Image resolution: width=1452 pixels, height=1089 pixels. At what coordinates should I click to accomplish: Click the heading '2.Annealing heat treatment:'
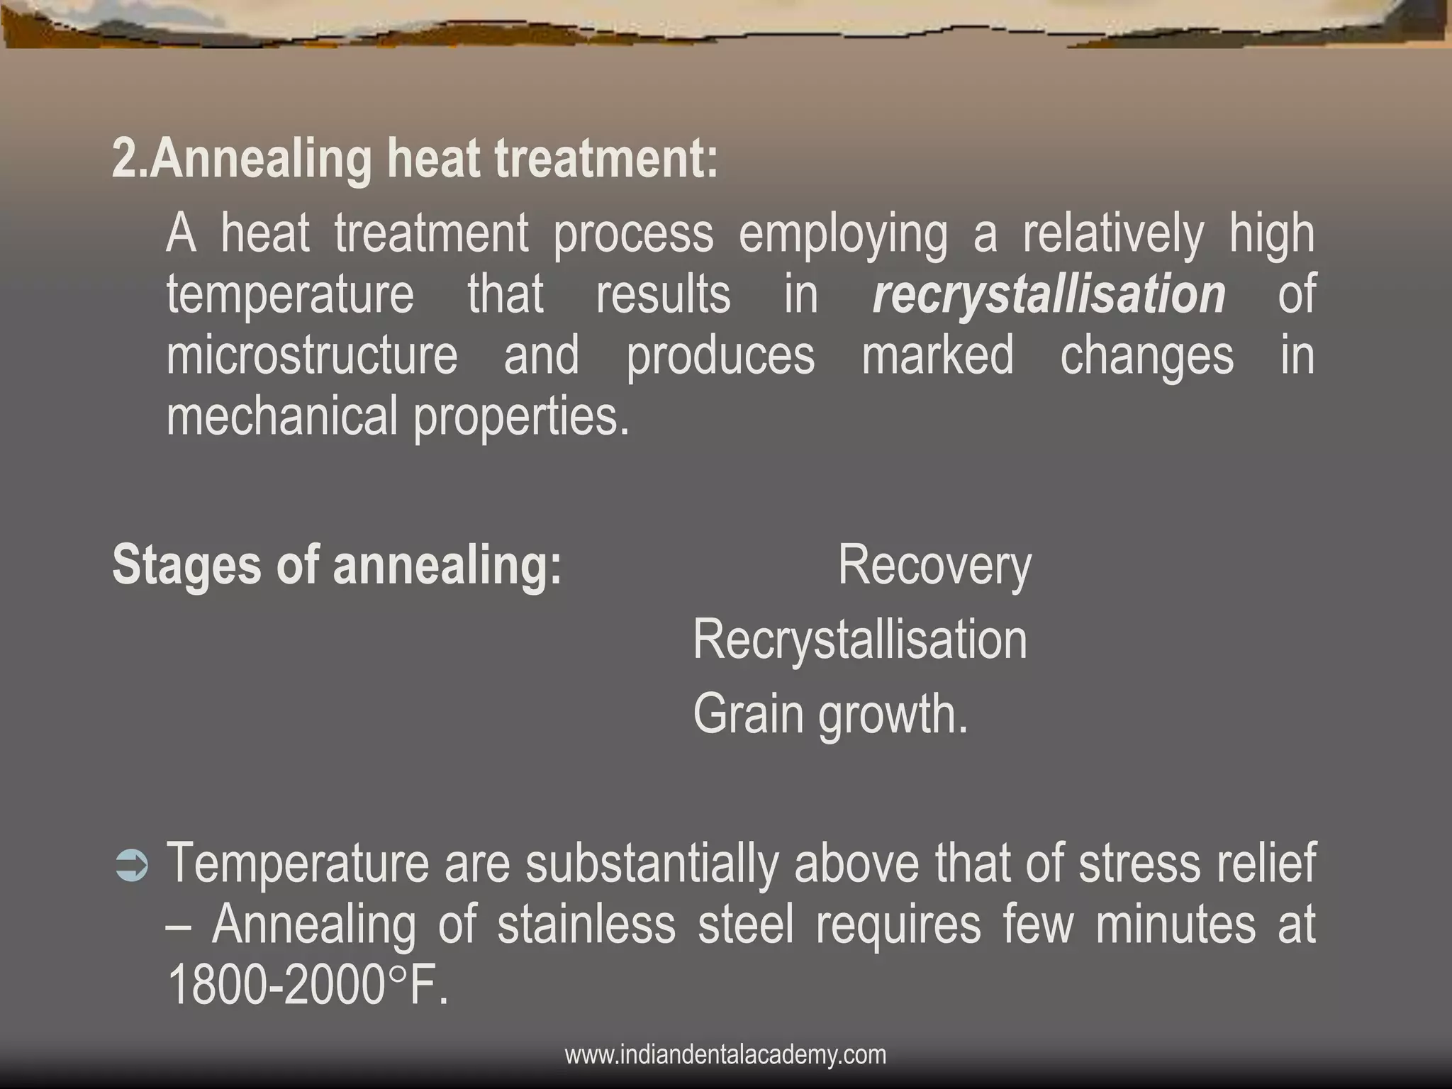coord(415,160)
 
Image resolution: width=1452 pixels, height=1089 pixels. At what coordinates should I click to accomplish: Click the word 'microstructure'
coord(312,356)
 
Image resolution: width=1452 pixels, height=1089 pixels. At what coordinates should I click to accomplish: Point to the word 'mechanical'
coord(281,416)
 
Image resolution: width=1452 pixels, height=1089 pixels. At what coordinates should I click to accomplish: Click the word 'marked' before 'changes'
coord(937,356)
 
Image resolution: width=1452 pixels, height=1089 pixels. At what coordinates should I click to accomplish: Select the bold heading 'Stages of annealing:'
coord(337,565)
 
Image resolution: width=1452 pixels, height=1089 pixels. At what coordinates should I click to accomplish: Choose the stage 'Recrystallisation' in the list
coord(859,640)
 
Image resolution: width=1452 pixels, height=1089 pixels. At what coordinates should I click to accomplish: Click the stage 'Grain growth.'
coord(830,714)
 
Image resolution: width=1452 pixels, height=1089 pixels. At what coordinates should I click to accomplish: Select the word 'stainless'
coord(586,925)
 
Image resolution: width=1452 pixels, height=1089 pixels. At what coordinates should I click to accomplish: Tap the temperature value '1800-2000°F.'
coord(308,986)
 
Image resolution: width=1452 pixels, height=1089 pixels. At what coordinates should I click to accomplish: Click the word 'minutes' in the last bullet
coord(1175,925)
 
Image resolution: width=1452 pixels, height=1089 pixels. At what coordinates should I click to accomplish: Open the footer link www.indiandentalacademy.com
coord(725,1054)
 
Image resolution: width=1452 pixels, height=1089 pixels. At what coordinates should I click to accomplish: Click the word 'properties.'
coord(521,416)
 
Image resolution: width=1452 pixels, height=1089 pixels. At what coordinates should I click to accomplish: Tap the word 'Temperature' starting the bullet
coord(298,864)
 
